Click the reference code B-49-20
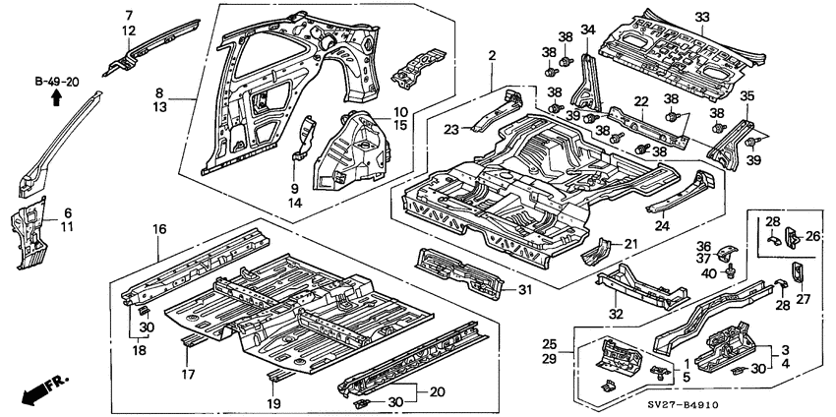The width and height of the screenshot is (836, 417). click(x=57, y=82)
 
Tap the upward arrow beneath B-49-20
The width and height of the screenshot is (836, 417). click(x=57, y=97)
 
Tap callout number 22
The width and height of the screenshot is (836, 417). click(x=639, y=102)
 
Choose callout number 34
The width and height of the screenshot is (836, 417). click(x=588, y=30)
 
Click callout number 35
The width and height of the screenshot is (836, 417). click(x=746, y=96)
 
